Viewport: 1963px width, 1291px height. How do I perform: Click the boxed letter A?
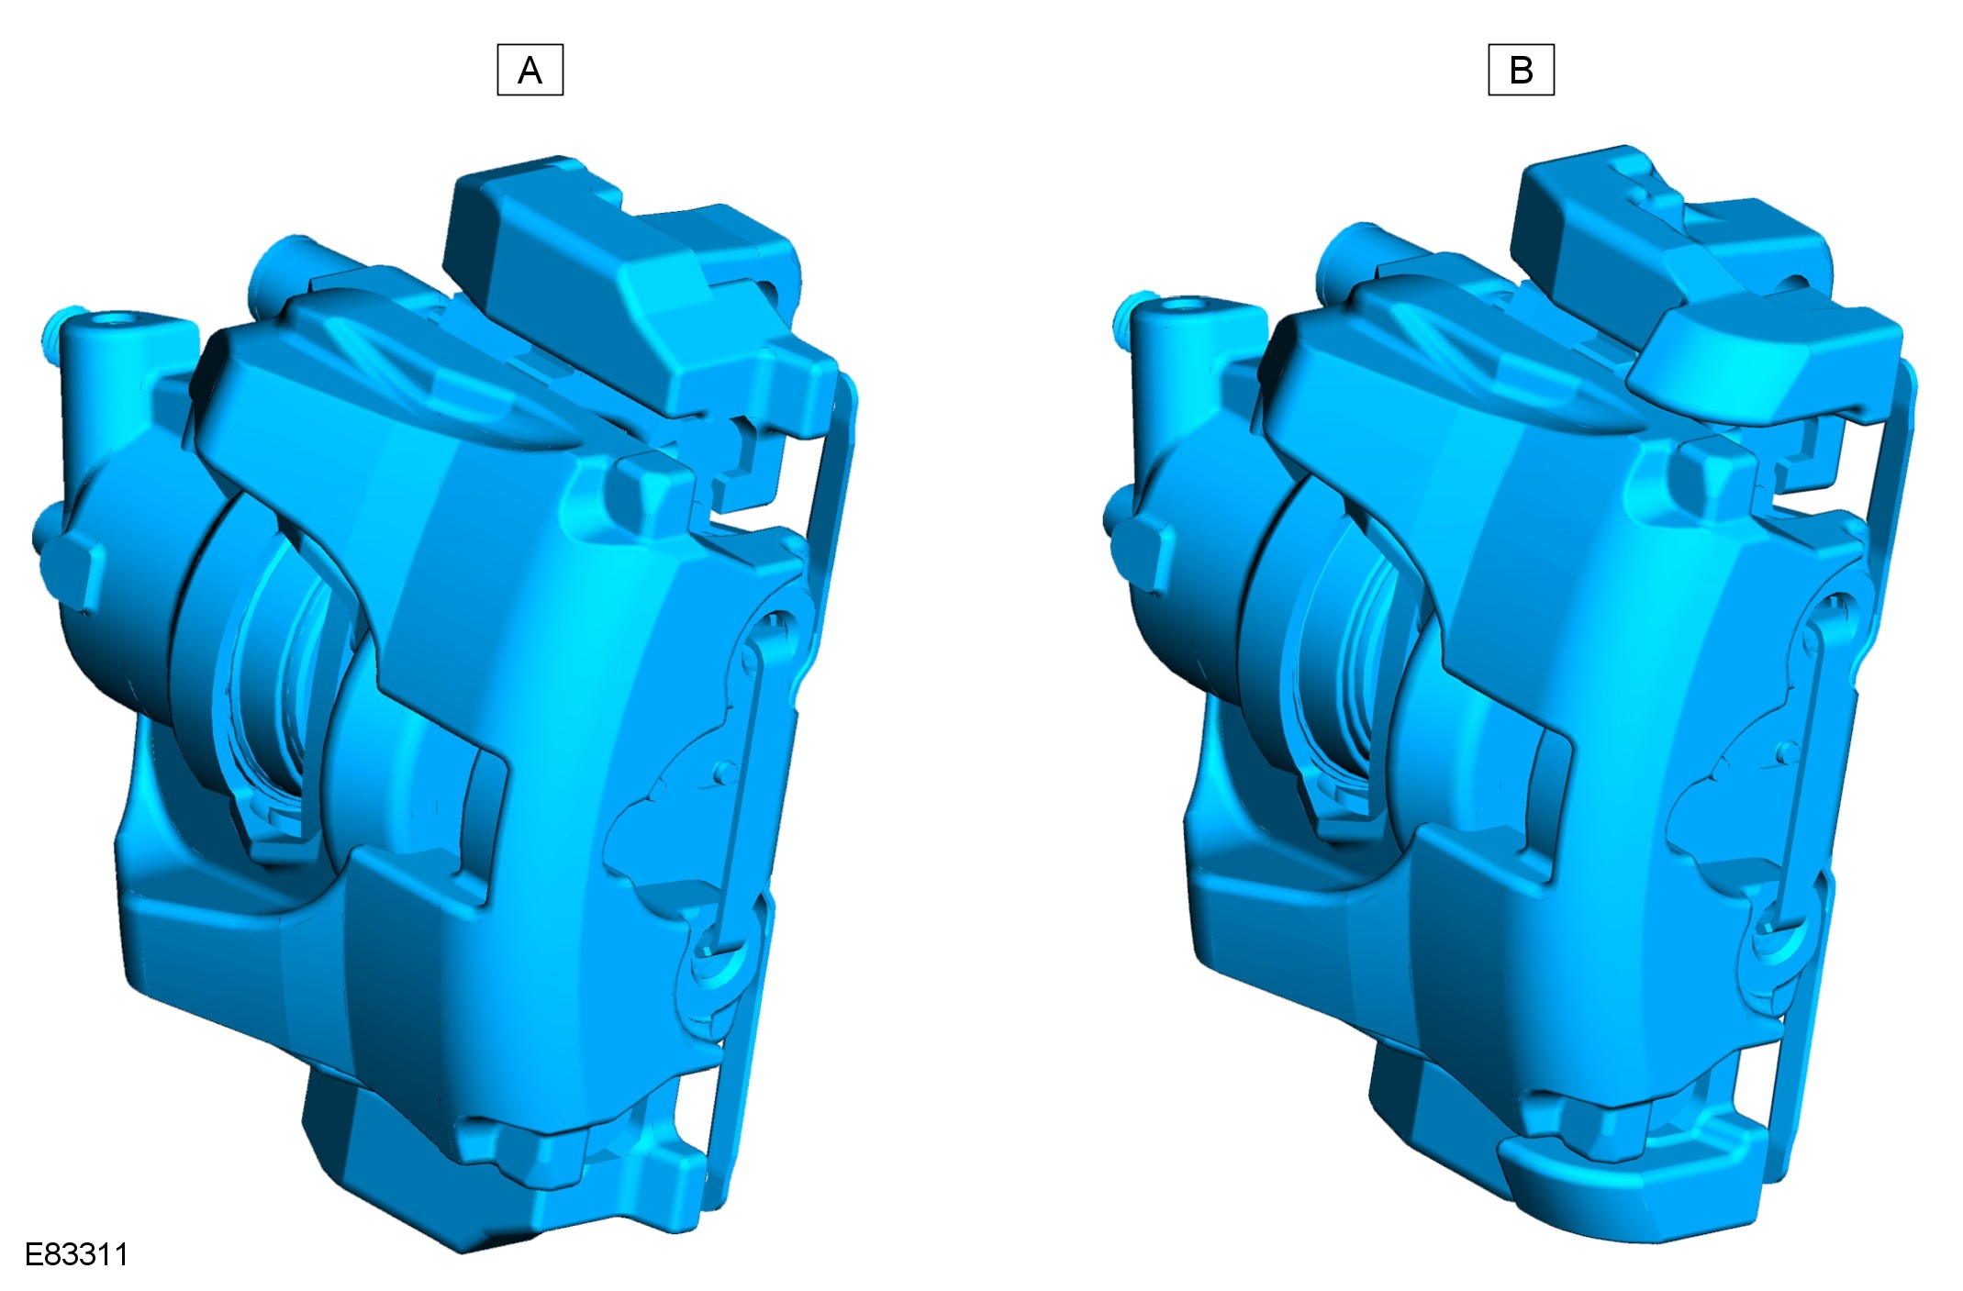click(x=530, y=70)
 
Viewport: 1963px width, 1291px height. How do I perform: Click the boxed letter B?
click(x=1521, y=70)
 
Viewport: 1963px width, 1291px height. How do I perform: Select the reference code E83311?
click(x=76, y=1254)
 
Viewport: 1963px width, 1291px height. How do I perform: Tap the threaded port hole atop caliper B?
click(x=1186, y=305)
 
